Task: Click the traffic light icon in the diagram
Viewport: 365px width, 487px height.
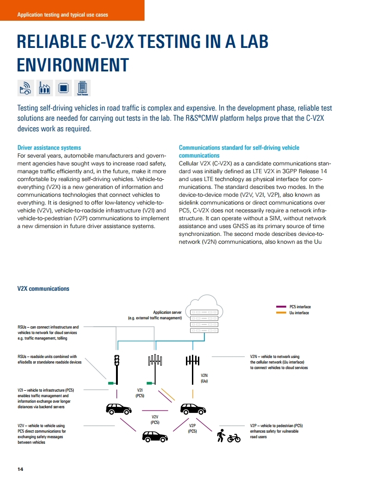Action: tap(117, 362)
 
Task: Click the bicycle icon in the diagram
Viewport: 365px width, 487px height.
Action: tap(234, 437)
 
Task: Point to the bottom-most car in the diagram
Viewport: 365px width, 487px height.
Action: tap(155, 436)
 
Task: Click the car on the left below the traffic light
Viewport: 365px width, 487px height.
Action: tap(118, 408)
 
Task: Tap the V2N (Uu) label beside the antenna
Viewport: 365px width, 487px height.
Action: tap(205, 378)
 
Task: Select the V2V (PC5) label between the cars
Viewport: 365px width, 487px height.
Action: tap(155, 419)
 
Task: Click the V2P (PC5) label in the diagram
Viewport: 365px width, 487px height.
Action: tap(192, 428)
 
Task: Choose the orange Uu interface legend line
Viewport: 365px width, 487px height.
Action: tap(281, 313)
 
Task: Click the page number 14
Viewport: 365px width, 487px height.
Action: tap(20, 469)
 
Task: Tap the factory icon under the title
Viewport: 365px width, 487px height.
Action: tap(44, 88)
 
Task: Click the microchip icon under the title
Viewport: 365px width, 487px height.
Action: tap(64, 88)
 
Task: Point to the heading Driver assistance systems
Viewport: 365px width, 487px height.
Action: tap(49, 148)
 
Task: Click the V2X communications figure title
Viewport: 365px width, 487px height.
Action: tap(43, 289)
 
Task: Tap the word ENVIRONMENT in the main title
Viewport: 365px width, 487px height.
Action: tap(72, 65)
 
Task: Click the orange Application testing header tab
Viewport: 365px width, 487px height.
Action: tap(72, 11)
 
